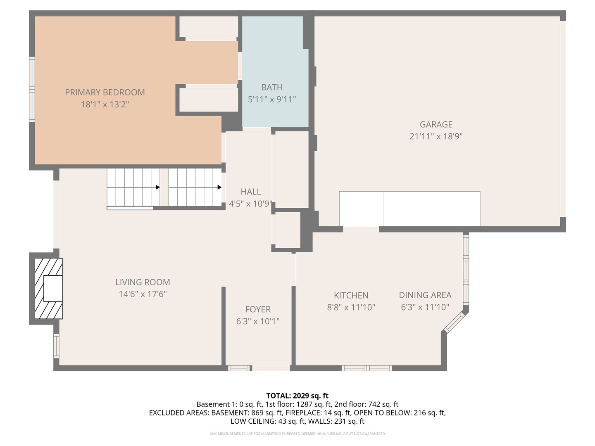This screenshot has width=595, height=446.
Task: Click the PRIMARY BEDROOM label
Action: (105, 93)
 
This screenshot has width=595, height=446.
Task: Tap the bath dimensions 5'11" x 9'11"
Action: (271, 99)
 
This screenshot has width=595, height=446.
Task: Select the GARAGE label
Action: (436, 124)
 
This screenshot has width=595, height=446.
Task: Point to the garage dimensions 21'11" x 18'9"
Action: (436, 136)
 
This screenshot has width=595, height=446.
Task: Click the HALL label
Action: (251, 192)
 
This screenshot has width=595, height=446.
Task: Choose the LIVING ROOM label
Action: (143, 282)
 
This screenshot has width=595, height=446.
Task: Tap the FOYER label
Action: (258, 309)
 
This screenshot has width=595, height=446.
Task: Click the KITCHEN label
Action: (351, 295)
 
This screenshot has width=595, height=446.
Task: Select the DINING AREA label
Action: (425, 295)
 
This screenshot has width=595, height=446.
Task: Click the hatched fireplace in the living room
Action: (49, 288)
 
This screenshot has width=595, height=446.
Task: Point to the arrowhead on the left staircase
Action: (157, 187)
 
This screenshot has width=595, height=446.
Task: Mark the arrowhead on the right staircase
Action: (219, 187)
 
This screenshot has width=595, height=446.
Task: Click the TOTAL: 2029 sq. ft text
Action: (297, 396)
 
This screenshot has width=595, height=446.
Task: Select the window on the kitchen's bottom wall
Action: (367, 368)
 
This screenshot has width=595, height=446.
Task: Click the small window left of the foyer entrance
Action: (239, 368)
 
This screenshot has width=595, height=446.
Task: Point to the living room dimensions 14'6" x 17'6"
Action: (143, 294)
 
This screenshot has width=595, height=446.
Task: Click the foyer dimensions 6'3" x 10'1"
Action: (258, 321)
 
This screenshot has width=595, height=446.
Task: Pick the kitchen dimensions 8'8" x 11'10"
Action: (351, 307)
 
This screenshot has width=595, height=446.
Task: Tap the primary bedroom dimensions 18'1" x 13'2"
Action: (105, 104)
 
